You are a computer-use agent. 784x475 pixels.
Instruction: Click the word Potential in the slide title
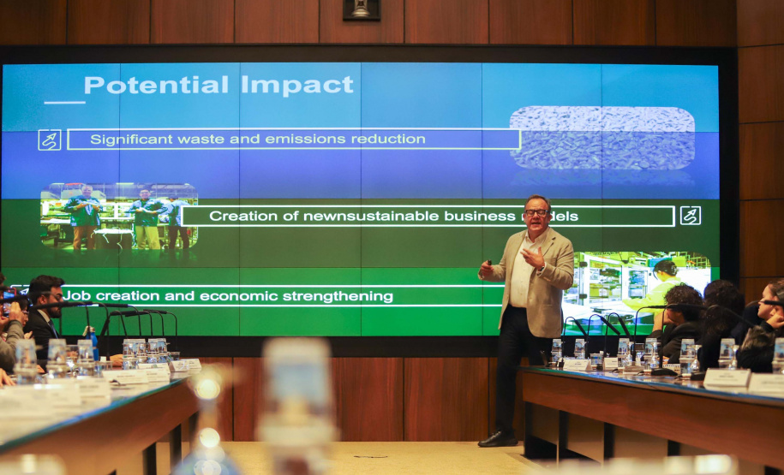coord(157,86)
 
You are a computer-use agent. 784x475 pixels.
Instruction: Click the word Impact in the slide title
coord(297,85)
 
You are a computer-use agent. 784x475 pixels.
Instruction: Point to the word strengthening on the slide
coord(338,297)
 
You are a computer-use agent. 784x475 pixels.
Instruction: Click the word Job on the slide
coord(73,295)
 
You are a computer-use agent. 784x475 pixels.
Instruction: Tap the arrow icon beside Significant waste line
coord(50,140)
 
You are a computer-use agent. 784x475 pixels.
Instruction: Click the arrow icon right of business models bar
coord(690,216)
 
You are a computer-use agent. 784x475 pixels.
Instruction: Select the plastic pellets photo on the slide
coord(602,138)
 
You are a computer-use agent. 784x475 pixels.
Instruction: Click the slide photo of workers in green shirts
coord(119,217)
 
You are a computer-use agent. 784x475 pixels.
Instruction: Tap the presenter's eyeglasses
coord(536,212)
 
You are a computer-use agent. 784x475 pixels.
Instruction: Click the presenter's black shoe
coord(497,439)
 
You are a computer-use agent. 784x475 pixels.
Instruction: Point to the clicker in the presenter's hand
coord(489,262)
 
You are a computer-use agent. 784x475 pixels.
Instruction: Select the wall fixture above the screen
coord(362,9)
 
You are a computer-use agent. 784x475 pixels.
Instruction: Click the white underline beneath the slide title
coord(64,103)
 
